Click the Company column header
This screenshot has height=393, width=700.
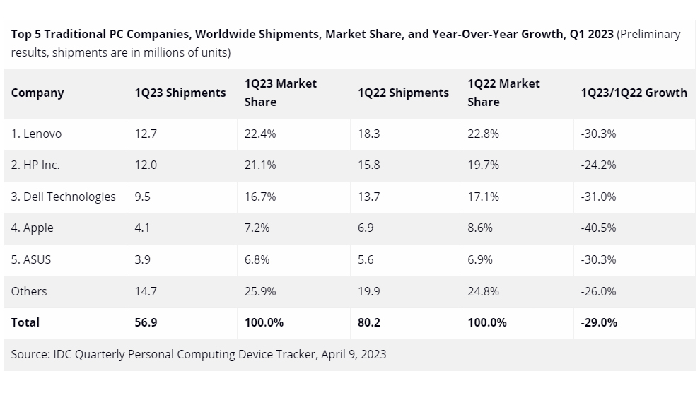[x=37, y=93]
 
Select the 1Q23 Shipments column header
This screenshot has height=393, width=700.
[x=180, y=93]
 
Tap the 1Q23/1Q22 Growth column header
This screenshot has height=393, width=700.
[x=634, y=93]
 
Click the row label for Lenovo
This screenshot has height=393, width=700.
[x=36, y=134]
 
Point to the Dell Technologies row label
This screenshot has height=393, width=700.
[x=63, y=196]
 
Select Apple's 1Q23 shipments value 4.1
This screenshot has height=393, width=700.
[x=143, y=228]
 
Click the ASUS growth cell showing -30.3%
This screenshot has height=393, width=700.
[x=598, y=259]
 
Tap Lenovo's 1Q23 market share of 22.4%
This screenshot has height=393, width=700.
[x=260, y=134]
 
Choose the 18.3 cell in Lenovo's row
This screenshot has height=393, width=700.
[x=368, y=134]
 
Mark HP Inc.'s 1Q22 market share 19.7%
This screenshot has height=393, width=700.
[x=483, y=165]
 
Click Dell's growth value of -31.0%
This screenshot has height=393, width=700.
[x=598, y=196]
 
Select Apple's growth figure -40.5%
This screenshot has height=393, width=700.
[x=598, y=228]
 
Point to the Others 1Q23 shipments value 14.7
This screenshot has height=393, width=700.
[x=146, y=291]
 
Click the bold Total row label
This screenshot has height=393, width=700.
[x=25, y=322]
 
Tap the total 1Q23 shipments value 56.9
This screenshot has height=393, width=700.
[x=146, y=322]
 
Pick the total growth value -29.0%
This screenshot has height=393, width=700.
[x=598, y=322]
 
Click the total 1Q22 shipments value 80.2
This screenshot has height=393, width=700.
[x=368, y=322]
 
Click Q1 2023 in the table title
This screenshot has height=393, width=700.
[x=592, y=35]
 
